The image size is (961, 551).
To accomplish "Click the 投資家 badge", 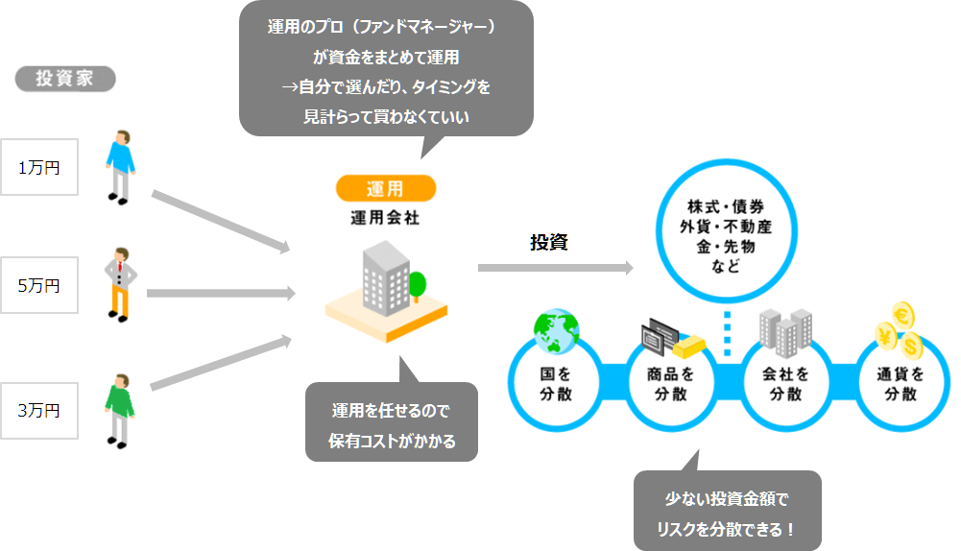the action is pos(65,79).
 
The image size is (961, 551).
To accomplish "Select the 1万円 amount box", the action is pos(39,167).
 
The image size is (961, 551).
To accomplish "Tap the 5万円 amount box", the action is pos(39,285).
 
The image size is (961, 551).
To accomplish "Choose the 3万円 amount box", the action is pos(39,411).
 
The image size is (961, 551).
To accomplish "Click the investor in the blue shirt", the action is pos(120,167).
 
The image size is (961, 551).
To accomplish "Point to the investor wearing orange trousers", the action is pos(120,285).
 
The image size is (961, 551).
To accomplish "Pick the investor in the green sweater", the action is pos(119,411).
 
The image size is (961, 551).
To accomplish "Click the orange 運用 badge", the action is pos(386,188).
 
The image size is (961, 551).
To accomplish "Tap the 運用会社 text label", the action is pos(385,218).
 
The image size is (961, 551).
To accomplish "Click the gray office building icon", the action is pos(386,279).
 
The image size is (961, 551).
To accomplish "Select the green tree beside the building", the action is pos(417,286).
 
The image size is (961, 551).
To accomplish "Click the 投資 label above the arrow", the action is pos(548,242).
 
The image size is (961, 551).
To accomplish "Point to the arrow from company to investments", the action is pos(555,267).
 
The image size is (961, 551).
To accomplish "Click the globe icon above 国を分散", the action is pos(556,331).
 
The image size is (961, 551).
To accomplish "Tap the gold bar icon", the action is pos(689,347).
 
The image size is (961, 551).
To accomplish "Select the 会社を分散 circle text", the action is pos(785,384).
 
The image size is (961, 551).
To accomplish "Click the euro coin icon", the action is pos(902,316).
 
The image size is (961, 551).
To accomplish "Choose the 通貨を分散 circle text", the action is pos(901,384).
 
